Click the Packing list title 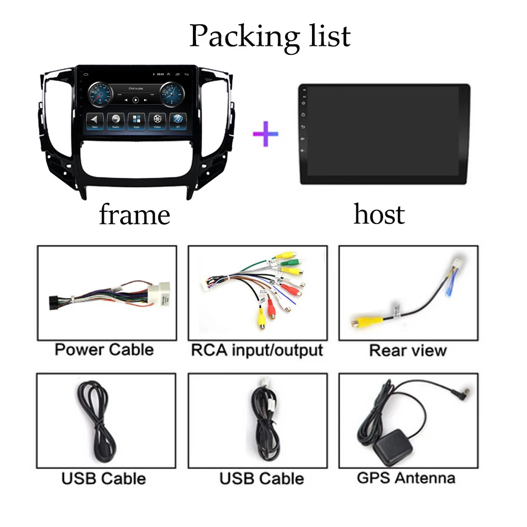pyautogui.click(x=269, y=36)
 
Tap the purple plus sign pyautogui.click(x=266, y=133)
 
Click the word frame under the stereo pyautogui.click(x=134, y=214)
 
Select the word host pyautogui.click(x=379, y=214)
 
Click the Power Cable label pyautogui.click(x=104, y=349)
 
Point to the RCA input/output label pyautogui.click(x=257, y=349)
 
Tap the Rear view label pyautogui.click(x=408, y=350)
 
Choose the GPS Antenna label pyautogui.click(x=406, y=478)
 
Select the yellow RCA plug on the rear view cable pyautogui.click(x=360, y=319)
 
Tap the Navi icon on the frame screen pyautogui.click(x=94, y=120)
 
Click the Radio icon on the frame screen pyautogui.click(x=115, y=120)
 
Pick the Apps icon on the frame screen pyautogui.click(x=136, y=120)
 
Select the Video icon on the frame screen pyautogui.click(x=157, y=120)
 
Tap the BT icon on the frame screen pyautogui.click(x=178, y=120)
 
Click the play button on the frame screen pyautogui.click(x=135, y=99)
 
